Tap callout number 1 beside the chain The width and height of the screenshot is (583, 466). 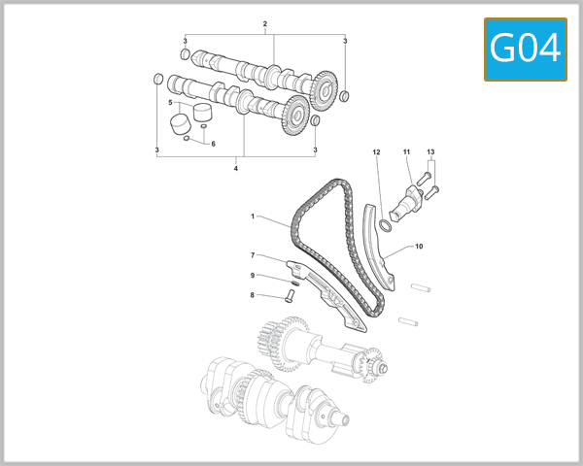tap(252, 216)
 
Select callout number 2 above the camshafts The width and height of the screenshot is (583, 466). tap(264, 22)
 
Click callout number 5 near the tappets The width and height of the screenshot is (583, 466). tap(170, 102)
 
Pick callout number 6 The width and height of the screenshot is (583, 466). tap(213, 144)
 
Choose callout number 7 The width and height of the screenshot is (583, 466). tap(253, 255)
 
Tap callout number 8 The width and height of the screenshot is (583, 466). tap(253, 295)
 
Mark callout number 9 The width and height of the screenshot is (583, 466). tap(253, 276)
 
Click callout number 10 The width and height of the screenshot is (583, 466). tap(419, 247)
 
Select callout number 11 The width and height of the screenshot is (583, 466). tap(407, 152)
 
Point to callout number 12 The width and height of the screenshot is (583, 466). tap(375, 152)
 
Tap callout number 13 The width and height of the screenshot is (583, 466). tap(430, 152)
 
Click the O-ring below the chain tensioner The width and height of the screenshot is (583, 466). tap(385, 226)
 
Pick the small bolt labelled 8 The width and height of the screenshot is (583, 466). tap(289, 296)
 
